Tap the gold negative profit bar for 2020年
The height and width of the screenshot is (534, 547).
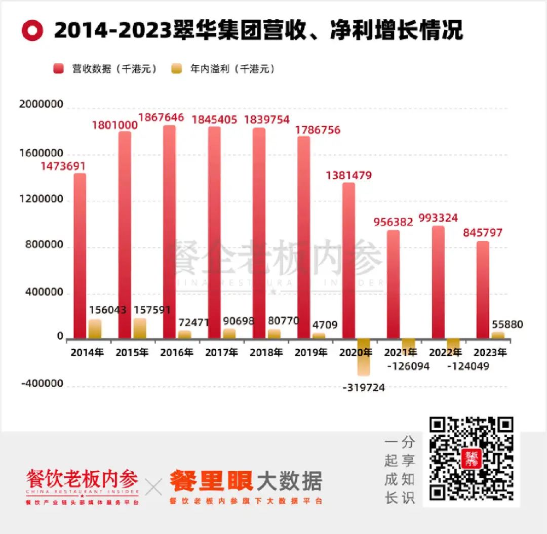[x=364, y=357]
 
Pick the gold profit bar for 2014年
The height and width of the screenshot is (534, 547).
[x=95, y=329]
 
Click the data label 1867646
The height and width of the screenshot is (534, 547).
[x=161, y=117]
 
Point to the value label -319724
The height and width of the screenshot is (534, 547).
[x=364, y=388]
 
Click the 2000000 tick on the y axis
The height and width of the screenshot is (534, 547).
[x=41, y=105]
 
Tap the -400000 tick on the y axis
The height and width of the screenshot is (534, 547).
[x=42, y=384]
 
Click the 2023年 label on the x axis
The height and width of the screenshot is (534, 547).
[x=490, y=352]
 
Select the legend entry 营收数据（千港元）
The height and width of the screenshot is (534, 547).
[x=106, y=69]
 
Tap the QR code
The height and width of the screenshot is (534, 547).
[x=471, y=459]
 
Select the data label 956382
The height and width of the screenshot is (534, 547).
[x=393, y=222]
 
